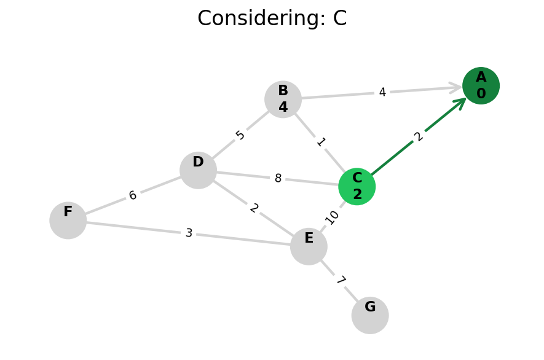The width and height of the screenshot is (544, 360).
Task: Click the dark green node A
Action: pos(481,85)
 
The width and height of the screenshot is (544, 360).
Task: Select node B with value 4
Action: pos(283,99)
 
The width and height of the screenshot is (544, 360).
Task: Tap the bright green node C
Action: pos(357,186)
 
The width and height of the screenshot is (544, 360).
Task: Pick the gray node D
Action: pos(198,170)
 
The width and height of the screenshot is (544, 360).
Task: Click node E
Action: pos(309,246)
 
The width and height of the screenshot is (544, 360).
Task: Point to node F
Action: pos(68,220)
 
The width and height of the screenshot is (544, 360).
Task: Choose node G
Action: pos(370,315)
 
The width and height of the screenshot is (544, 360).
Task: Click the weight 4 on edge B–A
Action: pos(382,92)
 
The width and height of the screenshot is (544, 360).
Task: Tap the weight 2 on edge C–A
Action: pos(419,136)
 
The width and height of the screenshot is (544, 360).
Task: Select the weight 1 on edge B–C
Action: pos(320,143)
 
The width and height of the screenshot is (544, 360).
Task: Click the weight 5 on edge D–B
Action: pos(240,135)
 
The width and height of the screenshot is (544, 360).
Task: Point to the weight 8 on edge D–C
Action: pos(278,179)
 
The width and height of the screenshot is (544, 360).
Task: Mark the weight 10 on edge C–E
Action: pos(333,217)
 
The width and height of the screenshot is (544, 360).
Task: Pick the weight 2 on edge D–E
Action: pos(254,208)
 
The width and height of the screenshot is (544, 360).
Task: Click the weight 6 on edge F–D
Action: pos(133,195)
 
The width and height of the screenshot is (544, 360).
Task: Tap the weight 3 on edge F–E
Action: pos(189,233)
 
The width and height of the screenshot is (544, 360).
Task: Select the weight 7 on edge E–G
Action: pos(340,281)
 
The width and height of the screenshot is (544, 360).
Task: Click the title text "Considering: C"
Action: pos(272,18)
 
